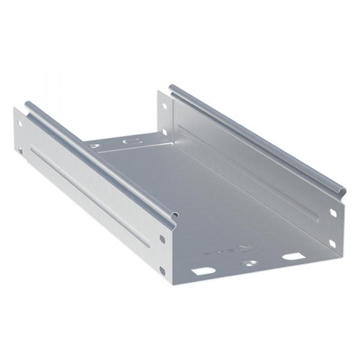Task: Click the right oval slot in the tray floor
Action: [x=292, y=257]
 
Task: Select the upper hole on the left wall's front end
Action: [x=163, y=239]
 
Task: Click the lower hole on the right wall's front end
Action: [x=332, y=242]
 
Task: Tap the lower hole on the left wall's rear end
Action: [x=20, y=150]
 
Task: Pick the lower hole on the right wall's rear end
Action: [x=165, y=132]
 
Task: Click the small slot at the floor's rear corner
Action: [x=94, y=146]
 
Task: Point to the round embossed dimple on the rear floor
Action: [x=127, y=142]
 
